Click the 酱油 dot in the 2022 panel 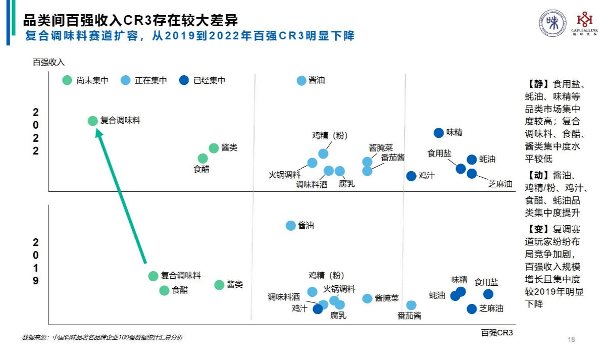[301, 80]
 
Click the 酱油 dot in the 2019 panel [291, 226]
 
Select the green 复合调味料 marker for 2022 [92, 121]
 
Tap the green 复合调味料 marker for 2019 [154, 276]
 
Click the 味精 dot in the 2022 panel [438, 132]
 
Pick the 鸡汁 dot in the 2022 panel [412, 176]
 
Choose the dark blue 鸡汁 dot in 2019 [318, 308]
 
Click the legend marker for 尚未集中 [67, 80]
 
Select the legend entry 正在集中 [144, 80]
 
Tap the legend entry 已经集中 [203, 80]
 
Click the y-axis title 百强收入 [49, 62]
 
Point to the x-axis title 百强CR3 [497, 333]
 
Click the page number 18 [572, 339]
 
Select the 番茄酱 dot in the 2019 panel [412, 305]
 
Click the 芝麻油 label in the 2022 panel [500, 184]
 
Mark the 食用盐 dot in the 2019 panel [488, 294]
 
